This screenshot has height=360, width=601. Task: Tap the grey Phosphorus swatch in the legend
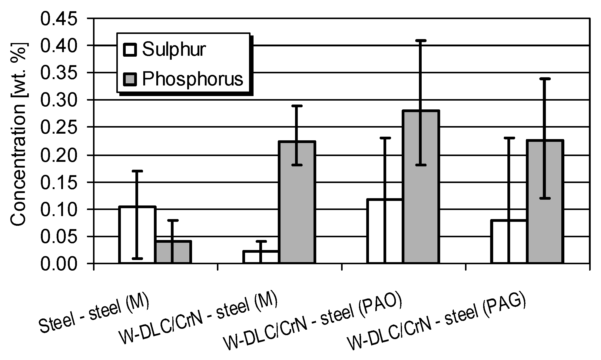point(130,79)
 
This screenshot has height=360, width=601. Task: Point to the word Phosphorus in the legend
point(193,79)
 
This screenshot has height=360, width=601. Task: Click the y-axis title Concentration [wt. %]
point(19,135)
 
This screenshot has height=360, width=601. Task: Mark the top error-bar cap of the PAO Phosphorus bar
point(421,40)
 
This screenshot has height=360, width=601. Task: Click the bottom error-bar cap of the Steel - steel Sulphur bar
point(137,258)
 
